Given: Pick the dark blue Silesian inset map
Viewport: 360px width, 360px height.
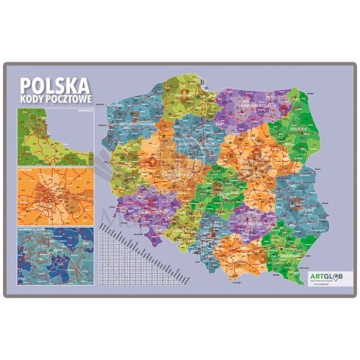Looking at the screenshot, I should click(x=52, y=255).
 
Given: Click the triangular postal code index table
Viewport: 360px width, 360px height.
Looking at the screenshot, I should click(x=130, y=248).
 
